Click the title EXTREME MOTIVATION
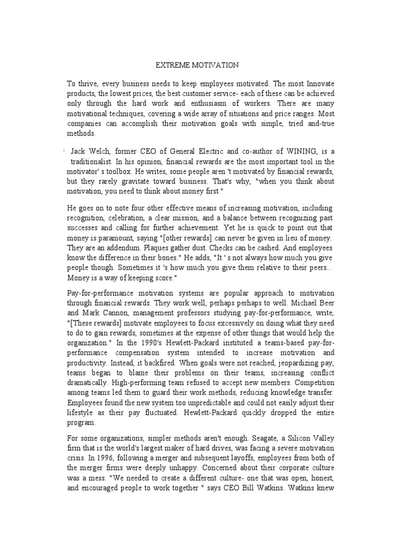[197, 65]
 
